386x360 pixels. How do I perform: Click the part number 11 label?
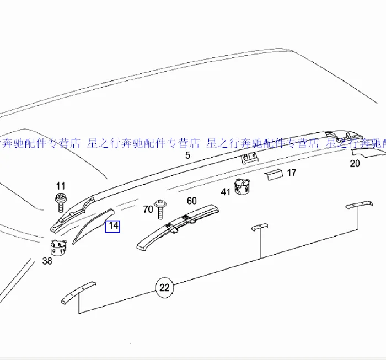[x=61, y=186]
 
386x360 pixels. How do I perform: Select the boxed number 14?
[x=112, y=225]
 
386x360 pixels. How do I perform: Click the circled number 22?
[x=164, y=287]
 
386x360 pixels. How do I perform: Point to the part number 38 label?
[x=47, y=261]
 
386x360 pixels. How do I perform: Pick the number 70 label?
[x=148, y=209]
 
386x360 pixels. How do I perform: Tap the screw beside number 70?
[x=160, y=208]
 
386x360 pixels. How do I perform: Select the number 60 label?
[x=191, y=201]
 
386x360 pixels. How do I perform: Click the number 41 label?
[x=226, y=192]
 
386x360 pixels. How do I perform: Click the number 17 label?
[x=292, y=173]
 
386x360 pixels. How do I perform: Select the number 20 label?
[x=355, y=163]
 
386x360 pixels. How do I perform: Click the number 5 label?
[x=187, y=155]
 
